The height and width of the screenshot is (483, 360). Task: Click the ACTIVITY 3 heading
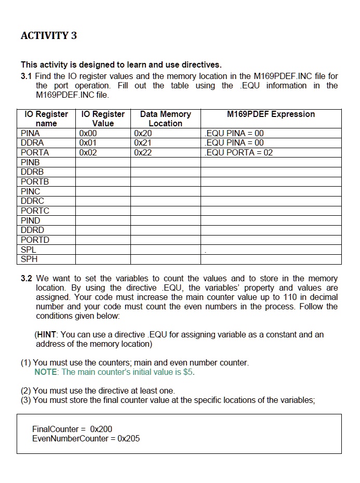[x=49, y=35]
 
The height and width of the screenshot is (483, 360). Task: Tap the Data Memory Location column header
[x=165, y=119]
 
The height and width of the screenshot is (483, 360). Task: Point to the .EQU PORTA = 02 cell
[x=238, y=152]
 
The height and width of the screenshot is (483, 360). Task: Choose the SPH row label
[x=29, y=259]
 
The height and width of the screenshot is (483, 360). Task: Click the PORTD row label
[x=35, y=240]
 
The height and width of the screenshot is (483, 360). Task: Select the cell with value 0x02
[x=88, y=152]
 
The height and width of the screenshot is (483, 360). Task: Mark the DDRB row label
[x=32, y=172]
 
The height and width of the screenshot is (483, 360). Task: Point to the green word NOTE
[x=46, y=372]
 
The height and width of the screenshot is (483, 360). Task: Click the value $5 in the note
[x=189, y=372]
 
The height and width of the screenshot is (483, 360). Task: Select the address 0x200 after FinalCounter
[x=101, y=429]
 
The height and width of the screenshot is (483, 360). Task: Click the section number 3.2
[x=27, y=278]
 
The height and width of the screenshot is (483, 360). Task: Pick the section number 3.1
[x=27, y=76]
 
